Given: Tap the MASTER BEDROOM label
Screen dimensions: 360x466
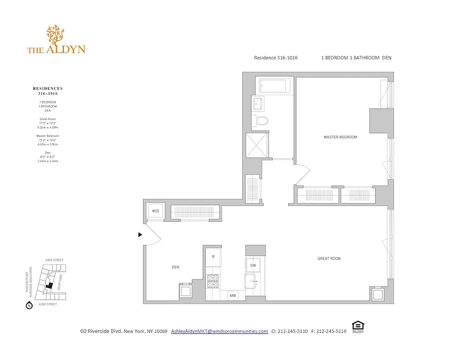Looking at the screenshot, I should pos(340,137).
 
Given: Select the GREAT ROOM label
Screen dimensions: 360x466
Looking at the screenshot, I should pos(329,258).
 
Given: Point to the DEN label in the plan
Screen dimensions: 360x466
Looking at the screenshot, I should pos(175,267).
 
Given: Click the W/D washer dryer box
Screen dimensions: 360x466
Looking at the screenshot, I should pos(155,211).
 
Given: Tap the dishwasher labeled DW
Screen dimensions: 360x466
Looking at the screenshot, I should pos(253,265).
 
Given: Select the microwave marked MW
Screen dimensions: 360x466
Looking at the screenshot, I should pos(233,296).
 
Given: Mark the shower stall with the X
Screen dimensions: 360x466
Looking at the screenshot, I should pos(257,145).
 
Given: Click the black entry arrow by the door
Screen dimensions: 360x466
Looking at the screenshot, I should pos(140,234).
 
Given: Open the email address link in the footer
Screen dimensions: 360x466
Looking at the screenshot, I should pos(219,331).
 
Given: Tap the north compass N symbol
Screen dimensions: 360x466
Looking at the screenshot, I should pos(29,306).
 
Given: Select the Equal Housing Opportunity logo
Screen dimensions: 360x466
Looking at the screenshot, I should pos(357,326).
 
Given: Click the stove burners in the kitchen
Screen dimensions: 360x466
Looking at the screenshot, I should pos(213,280).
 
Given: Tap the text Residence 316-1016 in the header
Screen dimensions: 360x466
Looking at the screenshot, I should pos(276,58).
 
